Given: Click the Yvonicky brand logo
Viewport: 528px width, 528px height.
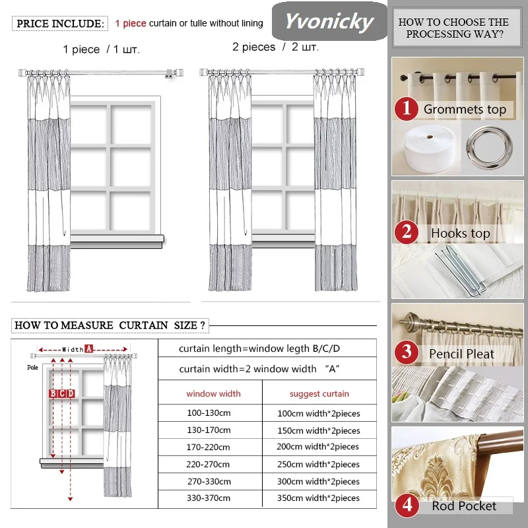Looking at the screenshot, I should click(x=329, y=22).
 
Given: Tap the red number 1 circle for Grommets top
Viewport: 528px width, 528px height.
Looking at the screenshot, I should click(x=407, y=108).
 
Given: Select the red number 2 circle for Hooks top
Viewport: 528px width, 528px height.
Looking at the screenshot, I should click(x=407, y=232).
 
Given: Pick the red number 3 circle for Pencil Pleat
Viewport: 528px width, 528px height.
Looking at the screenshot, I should click(x=407, y=353).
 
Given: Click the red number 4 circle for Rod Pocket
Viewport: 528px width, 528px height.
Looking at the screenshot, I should click(x=407, y=506).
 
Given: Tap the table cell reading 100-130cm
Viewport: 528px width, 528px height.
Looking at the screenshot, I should click(x=209, y=412).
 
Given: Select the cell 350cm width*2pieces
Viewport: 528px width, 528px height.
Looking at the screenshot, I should click(x=319, y=498).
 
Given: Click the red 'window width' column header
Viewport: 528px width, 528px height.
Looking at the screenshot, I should click(x=213, y=393).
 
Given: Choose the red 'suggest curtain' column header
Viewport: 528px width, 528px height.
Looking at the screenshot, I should click(x=319, y=393).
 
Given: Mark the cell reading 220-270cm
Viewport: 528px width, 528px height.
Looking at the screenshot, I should click(x=209, y=464).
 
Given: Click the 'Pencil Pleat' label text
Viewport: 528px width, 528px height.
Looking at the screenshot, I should click(x=461, y=354).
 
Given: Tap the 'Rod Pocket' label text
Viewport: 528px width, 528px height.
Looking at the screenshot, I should click(x=464, y=506).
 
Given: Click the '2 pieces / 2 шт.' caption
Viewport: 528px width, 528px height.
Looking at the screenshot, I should click(x=275, y=48).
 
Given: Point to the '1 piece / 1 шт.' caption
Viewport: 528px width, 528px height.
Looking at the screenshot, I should click(x=102, y=49).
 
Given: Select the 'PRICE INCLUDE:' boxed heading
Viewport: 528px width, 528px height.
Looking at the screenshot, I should click(x=59, y=24).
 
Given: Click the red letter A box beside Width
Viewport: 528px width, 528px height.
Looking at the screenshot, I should click(x=88, y=348).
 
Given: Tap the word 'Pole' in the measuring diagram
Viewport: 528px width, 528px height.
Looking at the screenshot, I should click(x=32, y=367).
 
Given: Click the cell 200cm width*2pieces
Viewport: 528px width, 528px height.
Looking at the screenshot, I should click(x=319, y=447).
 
